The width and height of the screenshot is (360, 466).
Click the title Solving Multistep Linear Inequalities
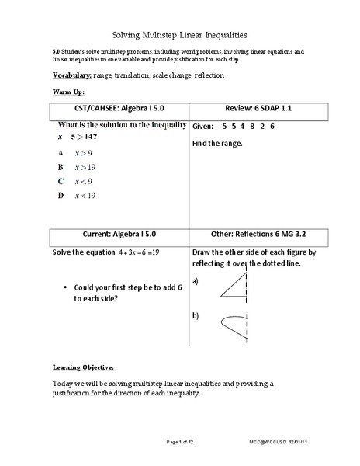179,34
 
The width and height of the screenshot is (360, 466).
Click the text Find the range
217,144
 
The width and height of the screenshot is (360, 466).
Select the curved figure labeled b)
232,324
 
